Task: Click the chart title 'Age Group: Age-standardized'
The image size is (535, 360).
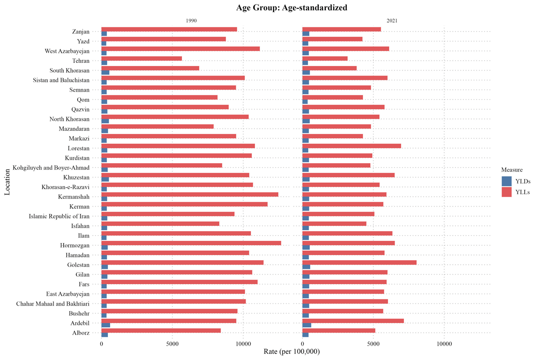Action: (x=267, y=8)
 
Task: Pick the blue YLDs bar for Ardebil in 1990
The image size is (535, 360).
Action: (x=106, y=325)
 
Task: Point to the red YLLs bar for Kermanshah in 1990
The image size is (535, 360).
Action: (x=189, y=194)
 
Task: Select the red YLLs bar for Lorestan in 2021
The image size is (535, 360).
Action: (x=352, y=146)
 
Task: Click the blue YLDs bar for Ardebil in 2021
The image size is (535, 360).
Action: (x=307, y=325)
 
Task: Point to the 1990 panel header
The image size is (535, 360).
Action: (x=191, y=21)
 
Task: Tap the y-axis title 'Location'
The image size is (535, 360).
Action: (x=8, y=182)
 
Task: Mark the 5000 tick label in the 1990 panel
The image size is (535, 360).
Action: (x=172, y=344)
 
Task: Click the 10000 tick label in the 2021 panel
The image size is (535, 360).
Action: (x=444, y=344)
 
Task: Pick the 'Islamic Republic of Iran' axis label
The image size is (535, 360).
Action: (x=59, y=216)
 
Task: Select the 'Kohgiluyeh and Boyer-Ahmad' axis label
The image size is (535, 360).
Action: (x=51, y=168)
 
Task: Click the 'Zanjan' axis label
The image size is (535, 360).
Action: (x=81, y=32)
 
